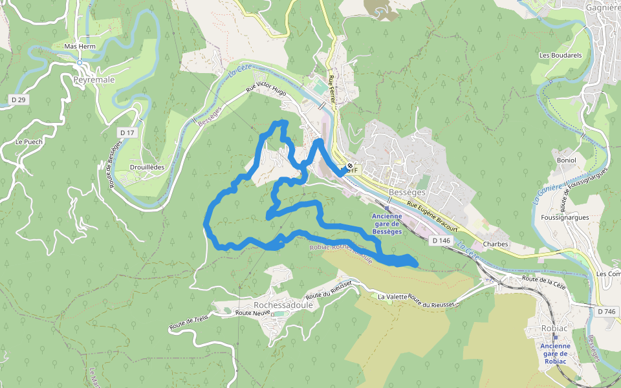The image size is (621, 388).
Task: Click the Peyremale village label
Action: pyautogui.click(x=94, y=80)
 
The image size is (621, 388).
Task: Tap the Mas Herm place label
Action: pyautogui.click(x=80, y=47)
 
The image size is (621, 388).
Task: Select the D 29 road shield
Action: pyautogui.click(x=19, y=100)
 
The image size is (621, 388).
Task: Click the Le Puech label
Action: pyautogui.click(x=28, y=141)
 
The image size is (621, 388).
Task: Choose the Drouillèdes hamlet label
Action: pyautogui.click(x=147, y=167)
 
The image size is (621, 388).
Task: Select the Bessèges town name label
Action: pyautogui.click(x=408, y=192)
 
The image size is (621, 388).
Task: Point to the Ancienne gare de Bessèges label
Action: pyautogui.click(x=387, y=224)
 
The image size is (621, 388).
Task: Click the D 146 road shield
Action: pyautogui.click(x=441, y=241)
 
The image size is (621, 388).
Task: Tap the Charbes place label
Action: pyautogui.click(x=496, y=244)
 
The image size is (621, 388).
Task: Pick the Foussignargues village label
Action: pyautogui.click(x=565, y=217)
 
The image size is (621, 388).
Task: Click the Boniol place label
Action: pyautogui.click(x=566, y=160)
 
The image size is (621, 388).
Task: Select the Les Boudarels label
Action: pyautogui.click(x=561, y=56)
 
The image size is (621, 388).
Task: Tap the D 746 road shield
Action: pyautogui.click(x=607, y=311)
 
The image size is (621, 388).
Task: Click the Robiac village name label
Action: pyautogui.click(x=555, y=329)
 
